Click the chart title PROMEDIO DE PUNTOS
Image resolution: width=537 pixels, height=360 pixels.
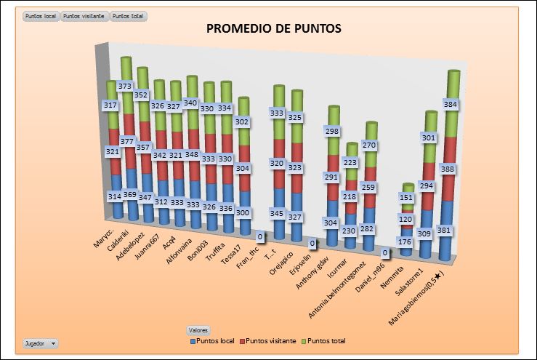point(274,29)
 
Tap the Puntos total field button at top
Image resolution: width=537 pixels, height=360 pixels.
point(129,15)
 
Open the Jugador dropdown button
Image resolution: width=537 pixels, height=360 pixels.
point(41,342)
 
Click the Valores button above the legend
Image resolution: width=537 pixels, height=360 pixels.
point(199,329)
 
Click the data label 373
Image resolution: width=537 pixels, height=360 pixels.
point(125,86)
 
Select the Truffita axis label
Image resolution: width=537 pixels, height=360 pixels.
point(219,247)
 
